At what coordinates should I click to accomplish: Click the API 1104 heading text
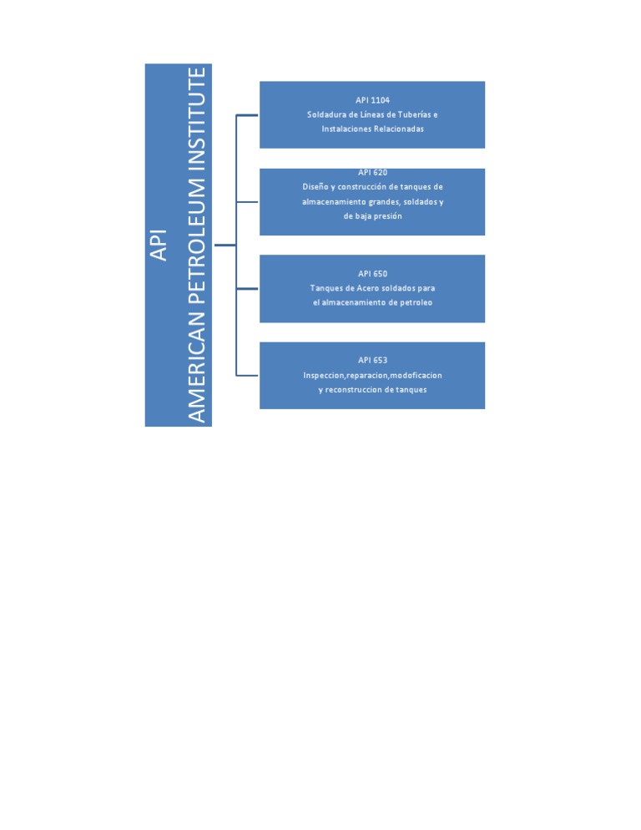click(372, 100)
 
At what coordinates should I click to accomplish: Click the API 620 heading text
click(372, 173)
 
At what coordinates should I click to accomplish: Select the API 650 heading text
click(372, 274)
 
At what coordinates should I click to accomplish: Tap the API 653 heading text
click(372, 361)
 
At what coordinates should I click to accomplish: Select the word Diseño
click(315, 187)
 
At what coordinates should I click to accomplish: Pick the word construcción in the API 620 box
click(361, 187)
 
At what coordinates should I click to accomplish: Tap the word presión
click(386, 216)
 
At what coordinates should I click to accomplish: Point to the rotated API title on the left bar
click(159, 245)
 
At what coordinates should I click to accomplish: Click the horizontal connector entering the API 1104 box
click(248, 114)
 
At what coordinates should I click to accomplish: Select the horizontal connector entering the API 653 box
click(248, 375)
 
